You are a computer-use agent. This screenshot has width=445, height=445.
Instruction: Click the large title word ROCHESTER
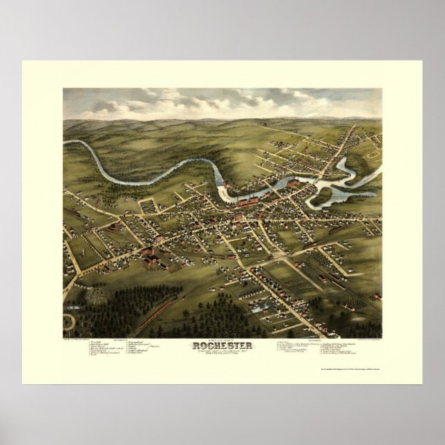pos(223,347)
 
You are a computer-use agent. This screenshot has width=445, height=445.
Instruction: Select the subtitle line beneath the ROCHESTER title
pos(223,354)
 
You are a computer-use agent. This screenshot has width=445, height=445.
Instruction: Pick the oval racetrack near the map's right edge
pos(372,155)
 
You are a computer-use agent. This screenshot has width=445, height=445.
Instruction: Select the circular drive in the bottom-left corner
pos(68,322)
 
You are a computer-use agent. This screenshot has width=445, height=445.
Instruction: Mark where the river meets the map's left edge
pos(64,142)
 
